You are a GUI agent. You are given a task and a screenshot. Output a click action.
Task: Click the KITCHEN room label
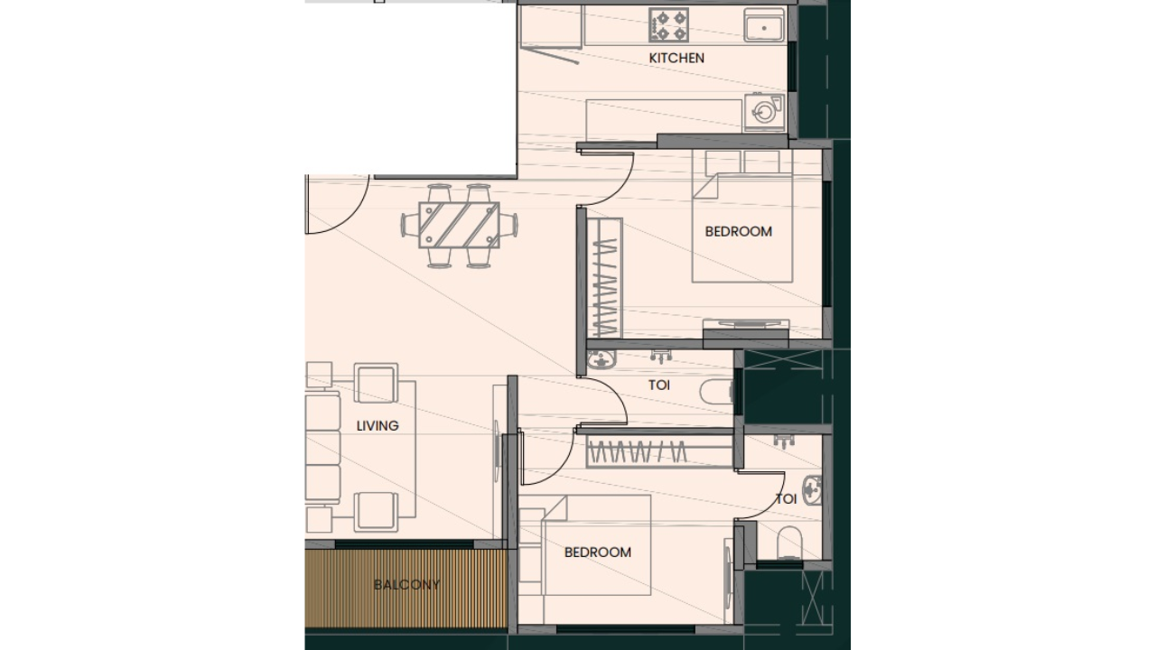tap(676, 58)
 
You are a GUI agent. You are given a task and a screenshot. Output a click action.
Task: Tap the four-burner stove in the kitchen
tap(669, 25)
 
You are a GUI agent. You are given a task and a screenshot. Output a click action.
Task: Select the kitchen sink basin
tap(764, 26)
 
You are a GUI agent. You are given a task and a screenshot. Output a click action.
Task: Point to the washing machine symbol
tap(764, 112)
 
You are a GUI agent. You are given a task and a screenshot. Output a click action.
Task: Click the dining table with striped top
tap(459, 224)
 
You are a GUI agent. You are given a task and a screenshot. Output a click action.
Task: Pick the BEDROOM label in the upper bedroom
tap(738, 231)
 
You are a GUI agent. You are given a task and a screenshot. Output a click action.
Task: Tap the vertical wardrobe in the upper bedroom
tap(605, 277)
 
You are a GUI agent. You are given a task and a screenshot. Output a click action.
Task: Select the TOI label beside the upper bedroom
tap(659, 385)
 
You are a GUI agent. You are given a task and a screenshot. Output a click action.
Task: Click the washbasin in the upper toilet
tap(598, 362)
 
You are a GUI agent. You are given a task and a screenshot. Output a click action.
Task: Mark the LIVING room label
tap(377, 426)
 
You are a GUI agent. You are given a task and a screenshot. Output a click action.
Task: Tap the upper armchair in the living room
tap(376, 383)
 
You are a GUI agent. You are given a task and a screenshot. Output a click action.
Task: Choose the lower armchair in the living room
tap(376, 511)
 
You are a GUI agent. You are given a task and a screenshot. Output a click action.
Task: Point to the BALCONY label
tap(406, 585)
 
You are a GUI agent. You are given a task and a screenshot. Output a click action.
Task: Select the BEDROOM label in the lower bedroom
tap(597, 552)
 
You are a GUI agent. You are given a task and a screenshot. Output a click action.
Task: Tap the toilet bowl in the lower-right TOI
tap(790, 541)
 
